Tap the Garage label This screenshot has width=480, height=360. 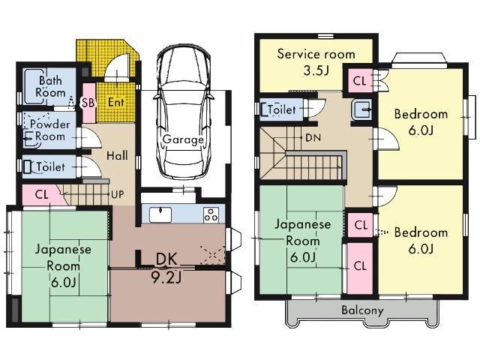pos(183,139)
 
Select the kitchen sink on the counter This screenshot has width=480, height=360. pos(160,214)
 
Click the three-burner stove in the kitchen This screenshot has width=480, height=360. pos(211,214)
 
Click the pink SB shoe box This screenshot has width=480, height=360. pos(88,103)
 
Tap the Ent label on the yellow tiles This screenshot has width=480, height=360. pos(116,102)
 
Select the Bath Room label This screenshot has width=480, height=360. pos(50,87)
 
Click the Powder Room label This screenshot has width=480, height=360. pos(49,130)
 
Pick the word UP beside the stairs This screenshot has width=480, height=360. pos(118,194)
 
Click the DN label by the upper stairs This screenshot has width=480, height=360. pos(313,137)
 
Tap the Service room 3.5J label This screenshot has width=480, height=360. pos(316,62)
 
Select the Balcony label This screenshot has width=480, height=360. pos(362,310)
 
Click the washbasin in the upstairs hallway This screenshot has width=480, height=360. pos(361,109)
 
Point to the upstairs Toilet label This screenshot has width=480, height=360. pos(282,109)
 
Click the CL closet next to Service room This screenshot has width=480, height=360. pos(359,80)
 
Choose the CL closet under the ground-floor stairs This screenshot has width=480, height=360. pos(42,194)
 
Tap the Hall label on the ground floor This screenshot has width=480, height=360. pos(117,155)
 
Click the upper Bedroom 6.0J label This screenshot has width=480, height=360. pos(421,122)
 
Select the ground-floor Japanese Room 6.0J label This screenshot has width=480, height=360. pos(63,265)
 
